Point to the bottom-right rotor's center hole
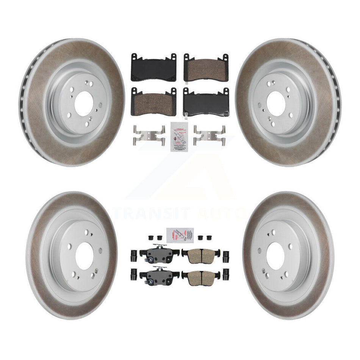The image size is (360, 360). [x=275, y=256]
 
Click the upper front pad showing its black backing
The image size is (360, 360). [x=153, y=67]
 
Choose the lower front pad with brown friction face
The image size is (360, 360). [x=153, y=102]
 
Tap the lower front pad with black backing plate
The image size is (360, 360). [x=206, y=102]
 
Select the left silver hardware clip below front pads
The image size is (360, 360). [x=150, y=135]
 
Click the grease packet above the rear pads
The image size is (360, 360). [x=180, y=234]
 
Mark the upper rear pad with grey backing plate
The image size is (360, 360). [x=159, y=253]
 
